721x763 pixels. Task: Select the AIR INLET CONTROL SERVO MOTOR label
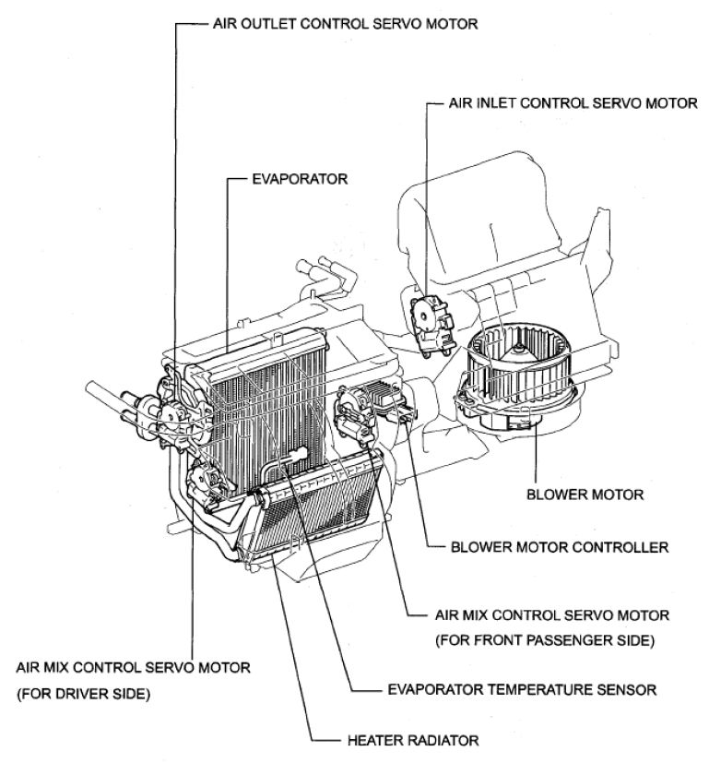(573, 103)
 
